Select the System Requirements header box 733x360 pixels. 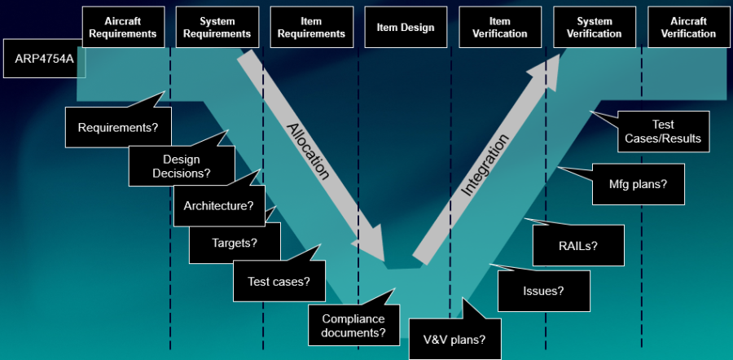point(217,28)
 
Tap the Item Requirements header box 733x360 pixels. point(312,28)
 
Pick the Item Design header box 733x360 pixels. point(406,28)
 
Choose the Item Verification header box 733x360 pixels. point(500,28)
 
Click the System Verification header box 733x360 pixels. point(595,28)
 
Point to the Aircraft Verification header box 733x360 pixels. point(688,28)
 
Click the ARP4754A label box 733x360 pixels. point(44,59)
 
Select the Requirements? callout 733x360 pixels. point(118,128)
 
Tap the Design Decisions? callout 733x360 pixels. point(181,166)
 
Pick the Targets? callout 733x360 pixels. point(235,243)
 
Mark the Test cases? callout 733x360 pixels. point(279,282)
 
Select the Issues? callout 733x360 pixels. point(543,290)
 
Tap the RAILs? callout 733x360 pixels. point(577,245)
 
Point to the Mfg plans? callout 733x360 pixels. point(638,184)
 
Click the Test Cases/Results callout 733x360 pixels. point(662,132)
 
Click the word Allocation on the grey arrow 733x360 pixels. point(309,151)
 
